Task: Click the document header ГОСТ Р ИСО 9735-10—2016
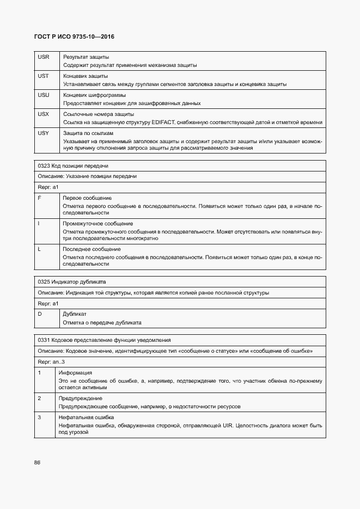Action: pos(74,36)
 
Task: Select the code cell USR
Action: pos(44,57)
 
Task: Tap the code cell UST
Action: pos(44,76)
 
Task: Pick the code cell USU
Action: pos(44,95)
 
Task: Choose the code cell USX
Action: pos(44,114)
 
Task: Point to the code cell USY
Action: pos(44,133)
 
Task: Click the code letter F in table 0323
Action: pos(39,198)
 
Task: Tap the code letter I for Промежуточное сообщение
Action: pos(39,223)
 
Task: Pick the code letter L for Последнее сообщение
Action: pos(39,249)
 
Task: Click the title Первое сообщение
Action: pos(87,198)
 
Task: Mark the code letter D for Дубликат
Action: pos(40,314)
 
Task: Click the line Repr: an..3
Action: pos(51,361)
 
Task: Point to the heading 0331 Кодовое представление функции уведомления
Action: pos(104,340)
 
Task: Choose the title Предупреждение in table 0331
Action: pos(80,398)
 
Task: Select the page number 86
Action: pos(37,462)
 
